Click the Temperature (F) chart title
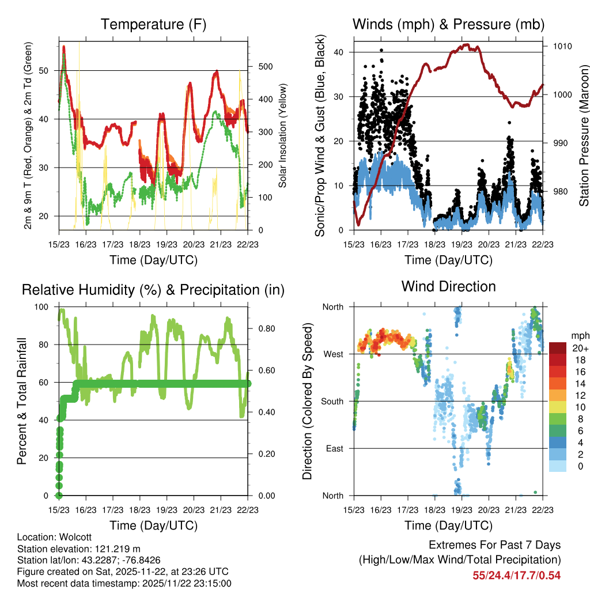point(153,25)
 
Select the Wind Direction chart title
point(448,286)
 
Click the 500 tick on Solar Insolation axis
point(263,66)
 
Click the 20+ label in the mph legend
point(578,348)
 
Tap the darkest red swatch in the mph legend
point(557,348)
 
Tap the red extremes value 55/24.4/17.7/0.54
point(517,575)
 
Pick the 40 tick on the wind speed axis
point(341,52)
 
